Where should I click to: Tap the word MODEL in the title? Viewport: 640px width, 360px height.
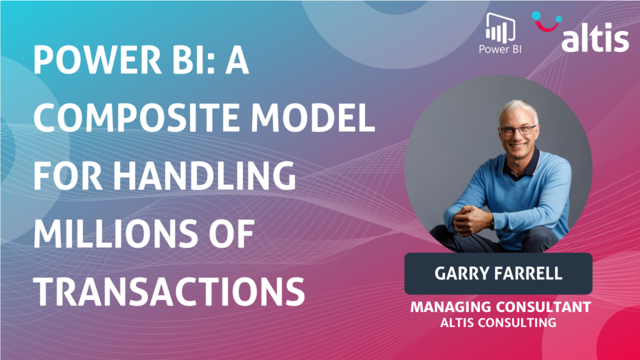[x=312, y=117]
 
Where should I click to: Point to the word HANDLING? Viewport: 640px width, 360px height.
[x=204, y=176]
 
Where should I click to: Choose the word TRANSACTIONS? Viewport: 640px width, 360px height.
[x=169, y=291]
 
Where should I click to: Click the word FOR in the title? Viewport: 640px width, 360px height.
[x=67, y=176]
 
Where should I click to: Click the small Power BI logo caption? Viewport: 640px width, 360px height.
[x=500, y=49]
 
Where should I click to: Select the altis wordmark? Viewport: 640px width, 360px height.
[x=595, y=39]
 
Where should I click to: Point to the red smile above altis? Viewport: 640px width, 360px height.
[x=547, y=25]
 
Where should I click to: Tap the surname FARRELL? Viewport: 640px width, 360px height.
[x=529, y=274]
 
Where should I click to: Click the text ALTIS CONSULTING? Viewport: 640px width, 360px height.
[x=498, y=322]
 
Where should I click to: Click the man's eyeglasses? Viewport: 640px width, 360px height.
[x=517, y=131]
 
